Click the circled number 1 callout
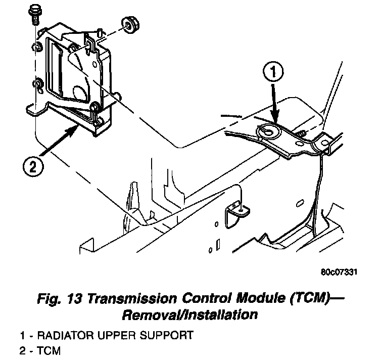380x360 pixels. click(273, 72)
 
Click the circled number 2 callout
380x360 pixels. click(33, 167)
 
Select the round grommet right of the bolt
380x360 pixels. click(130, 24)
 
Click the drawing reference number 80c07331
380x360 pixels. click(339, 272)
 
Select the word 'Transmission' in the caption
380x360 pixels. click(132, 298)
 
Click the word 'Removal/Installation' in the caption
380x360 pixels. click(190, 315)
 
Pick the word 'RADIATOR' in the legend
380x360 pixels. click(65, 335)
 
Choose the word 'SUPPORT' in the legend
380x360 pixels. click(166, 335)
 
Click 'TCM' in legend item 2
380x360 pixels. click(49, 351)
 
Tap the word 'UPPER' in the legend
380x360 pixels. click(116, 335)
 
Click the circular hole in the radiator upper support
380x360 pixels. click(269, 131)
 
